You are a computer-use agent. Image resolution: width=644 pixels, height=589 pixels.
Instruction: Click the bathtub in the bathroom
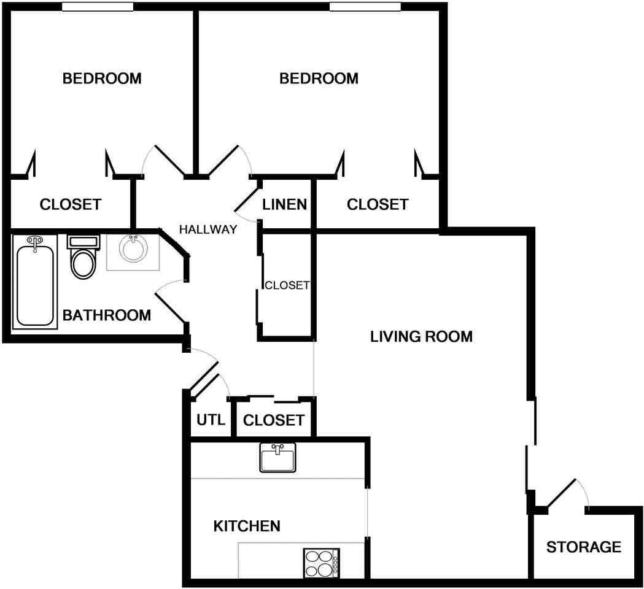coord(35,284)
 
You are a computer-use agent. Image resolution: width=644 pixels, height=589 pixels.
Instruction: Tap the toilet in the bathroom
coord(83,259)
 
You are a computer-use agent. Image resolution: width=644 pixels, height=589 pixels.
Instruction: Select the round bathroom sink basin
coord(133,250)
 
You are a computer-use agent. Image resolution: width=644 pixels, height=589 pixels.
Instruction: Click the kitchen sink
coord(277,458)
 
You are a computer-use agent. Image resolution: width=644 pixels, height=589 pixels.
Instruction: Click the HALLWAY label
coord(208,230)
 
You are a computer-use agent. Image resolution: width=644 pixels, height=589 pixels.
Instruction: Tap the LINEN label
coord(284,204)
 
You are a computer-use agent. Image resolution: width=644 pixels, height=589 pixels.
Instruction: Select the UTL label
coord(211,421)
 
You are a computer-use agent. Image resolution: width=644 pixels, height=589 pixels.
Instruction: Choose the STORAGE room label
coord(583,547)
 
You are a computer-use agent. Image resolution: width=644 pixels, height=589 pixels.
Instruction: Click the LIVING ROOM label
coord(421,336)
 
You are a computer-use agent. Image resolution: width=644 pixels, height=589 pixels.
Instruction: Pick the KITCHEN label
coord(247,526)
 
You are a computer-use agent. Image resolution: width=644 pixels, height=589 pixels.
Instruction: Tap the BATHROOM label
coord(107,315)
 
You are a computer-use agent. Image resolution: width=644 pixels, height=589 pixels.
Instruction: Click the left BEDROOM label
coord(102,79)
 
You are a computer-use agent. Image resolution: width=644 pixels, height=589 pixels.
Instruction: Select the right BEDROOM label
coord(319,79)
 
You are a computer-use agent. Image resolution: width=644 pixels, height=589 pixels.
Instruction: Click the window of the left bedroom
coord(98,7)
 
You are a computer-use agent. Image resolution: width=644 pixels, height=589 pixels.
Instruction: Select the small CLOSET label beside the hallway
coord(287,285)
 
